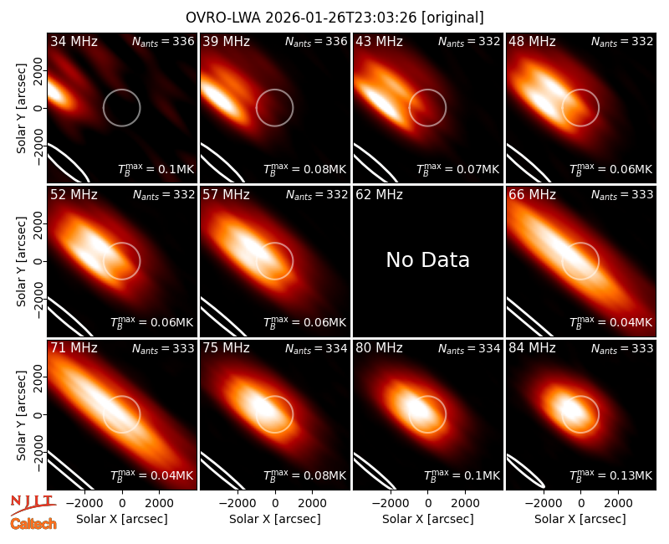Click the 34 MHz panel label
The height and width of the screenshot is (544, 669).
[74, 41]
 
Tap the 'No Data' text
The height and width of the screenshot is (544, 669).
[427, 259]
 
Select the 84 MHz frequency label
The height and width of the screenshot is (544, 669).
[532, 348]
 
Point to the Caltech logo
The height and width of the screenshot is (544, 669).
[33, 524]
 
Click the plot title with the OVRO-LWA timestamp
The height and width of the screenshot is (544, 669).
[334, 18]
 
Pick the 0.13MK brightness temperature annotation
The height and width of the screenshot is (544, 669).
[611, 475]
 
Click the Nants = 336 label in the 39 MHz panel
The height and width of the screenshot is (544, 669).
[316, 41]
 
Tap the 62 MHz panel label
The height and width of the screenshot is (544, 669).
[380, 195]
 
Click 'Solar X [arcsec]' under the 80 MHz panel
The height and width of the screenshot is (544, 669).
[427, 519]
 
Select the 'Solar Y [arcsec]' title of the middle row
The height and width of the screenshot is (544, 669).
[21, 261]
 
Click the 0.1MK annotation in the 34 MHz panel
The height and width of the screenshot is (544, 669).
[156, 169]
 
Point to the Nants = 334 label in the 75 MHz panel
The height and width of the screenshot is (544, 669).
[316, 348]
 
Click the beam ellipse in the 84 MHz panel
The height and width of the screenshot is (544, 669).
[526, 471]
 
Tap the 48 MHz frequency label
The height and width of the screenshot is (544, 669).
[532, 41]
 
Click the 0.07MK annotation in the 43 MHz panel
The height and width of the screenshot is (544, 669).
[457, 169]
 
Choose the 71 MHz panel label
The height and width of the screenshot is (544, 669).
[74, 348]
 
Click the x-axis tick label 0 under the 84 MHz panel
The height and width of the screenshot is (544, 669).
[580, 503]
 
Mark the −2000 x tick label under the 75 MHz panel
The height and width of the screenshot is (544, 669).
[237, 503]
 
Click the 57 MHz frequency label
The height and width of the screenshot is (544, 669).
[226, 195]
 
